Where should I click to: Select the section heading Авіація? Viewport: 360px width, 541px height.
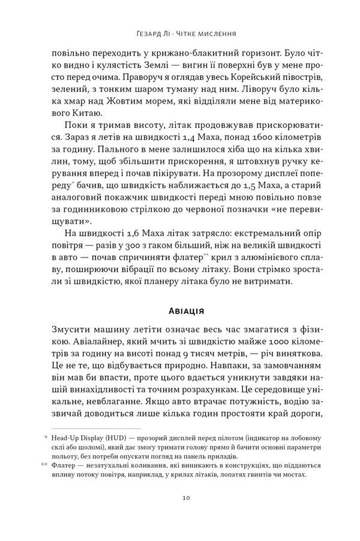point(179,311)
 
